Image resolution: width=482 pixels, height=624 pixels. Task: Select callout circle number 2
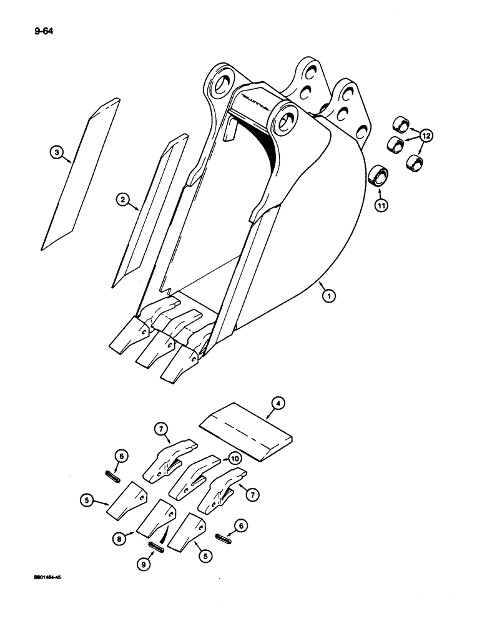point(123,200)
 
